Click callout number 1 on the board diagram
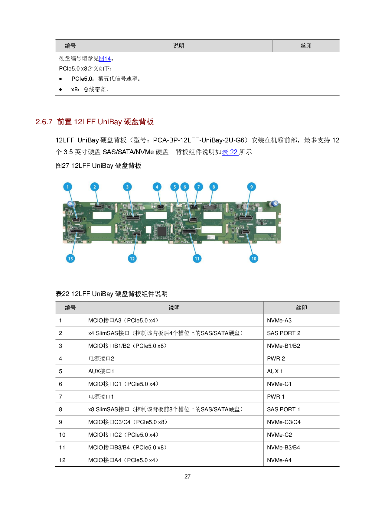[x=67, y=187]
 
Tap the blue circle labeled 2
[x=95, y=187]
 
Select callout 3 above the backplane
[x=127, y=187]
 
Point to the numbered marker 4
[x=157, y=187]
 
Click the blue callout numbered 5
[x=174, y=187]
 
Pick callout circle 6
[x=185, y=187]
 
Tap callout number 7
[x=198, y=187]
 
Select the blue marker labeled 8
[x=214, y=187]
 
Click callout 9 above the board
[x=251, y=187]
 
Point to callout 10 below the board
[x=254, y=259]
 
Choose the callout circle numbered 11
[x=197, y=259]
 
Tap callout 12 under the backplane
[x=132, y=259]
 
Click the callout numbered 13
[x=70, y=259]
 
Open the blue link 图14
[x=105, y=59]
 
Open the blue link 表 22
[x=230, y=152]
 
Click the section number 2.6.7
[x=44, y=122]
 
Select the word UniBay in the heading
[x=110, y=122]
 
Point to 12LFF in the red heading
[x=85, y=122]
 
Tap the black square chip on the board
[x=162, y=231]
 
